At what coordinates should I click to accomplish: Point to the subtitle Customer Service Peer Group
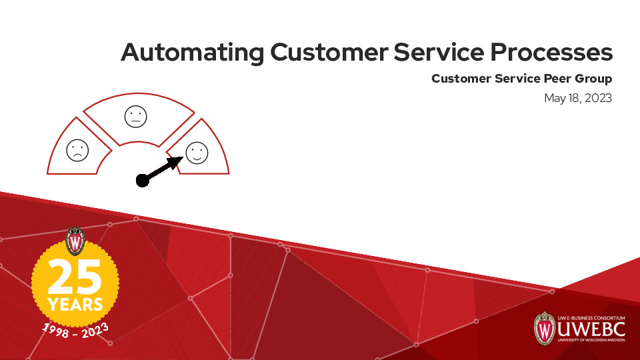coord(521,79)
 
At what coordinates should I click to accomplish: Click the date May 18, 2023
coord(578,98)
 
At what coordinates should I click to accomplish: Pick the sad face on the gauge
coord(77,150)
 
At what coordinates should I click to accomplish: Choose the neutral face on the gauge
coord(135,117)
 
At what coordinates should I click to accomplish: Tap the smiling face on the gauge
coord(197,152)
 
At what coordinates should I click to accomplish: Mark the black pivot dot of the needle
coord(142,180)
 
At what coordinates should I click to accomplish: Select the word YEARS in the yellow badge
coord(75,305)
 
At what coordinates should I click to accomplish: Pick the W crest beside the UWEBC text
coord(545,328)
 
